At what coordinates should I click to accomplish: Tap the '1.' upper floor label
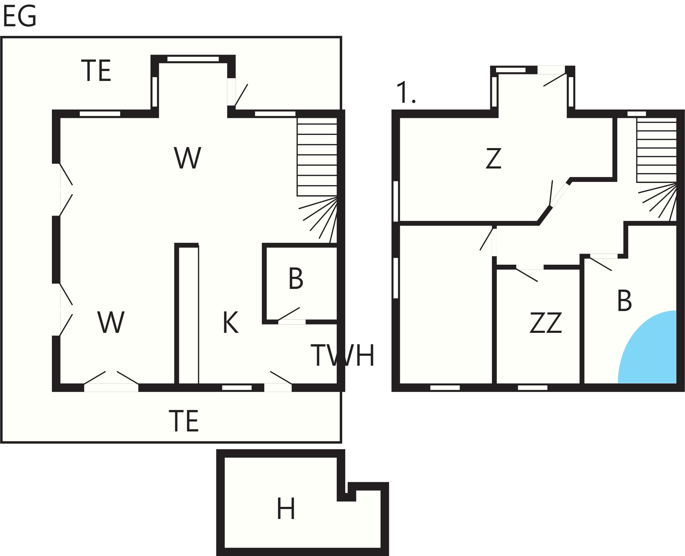tap(406, 92)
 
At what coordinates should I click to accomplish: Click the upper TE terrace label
tap(96, 71)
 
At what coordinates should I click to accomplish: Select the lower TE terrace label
tap(184, 421)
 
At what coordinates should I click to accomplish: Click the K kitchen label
tap(231, 322)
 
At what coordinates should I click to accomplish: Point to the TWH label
tap(343, 355)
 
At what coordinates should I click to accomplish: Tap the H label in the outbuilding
tap(286, 509)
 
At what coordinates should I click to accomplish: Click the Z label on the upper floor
tap(493, 158)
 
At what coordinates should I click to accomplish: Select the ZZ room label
tap(546, 323)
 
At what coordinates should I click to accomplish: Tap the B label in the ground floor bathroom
tap(296, 279)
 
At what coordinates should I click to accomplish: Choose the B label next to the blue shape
tap(624, 300)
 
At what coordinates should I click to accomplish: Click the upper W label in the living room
tap(188, 158)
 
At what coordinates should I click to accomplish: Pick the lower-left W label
tap(111, 322)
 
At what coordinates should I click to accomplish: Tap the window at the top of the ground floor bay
tap(193, 59)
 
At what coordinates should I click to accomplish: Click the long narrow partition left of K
tap(187, 313)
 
